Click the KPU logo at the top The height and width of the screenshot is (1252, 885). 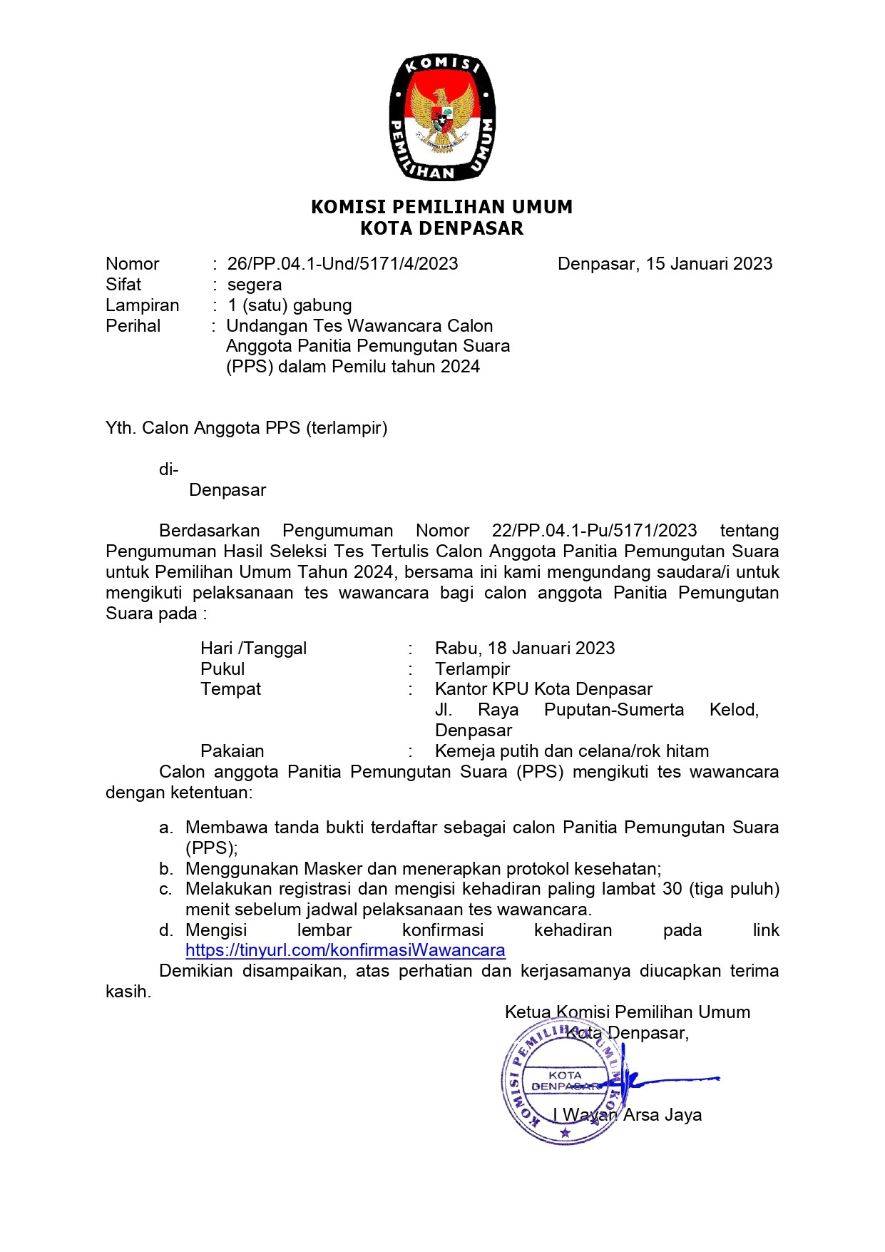[x=442, y=117]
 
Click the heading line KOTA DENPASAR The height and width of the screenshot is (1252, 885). [x=442, y=229]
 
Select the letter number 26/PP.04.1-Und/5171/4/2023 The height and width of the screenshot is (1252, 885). [x=342, y=264]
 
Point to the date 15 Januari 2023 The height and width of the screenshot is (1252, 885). [x=709, y=264]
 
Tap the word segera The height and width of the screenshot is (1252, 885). [x=255, y=285]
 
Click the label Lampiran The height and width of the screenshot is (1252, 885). [x=143, y=305]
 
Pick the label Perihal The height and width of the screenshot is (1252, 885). [x=133, y=326]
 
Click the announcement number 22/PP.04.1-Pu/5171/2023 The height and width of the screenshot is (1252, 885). [x=594, y=531]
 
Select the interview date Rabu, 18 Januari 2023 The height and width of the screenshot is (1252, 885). [x=525, y=648]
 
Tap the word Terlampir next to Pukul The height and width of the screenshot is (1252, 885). [x=472, y=669]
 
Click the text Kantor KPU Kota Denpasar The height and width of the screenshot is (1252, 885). [x=543, y=689]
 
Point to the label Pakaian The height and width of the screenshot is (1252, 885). [x=232, y=751]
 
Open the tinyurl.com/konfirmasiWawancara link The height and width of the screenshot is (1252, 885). [x=345, y=950]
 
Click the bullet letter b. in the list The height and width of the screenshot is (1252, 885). [x=166, y=869]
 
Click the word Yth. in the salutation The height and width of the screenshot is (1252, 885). [x=121, y=428]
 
